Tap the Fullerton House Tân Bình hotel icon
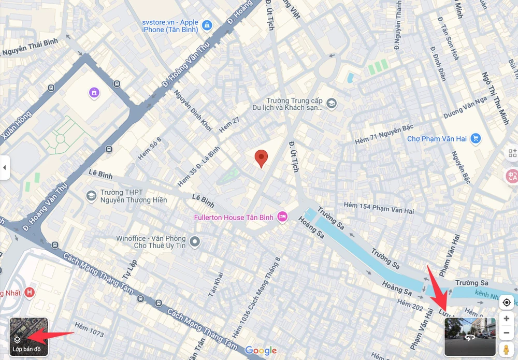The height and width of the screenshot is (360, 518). pyautogui.click(x=282, y=217)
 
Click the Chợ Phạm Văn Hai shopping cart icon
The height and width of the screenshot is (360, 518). pyautogui.click(x=475, y=138)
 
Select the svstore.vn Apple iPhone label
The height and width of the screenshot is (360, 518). pyautogui.click(x=170, y=26)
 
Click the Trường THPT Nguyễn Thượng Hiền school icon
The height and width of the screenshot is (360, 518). pyautogui.click(x=92, y=195)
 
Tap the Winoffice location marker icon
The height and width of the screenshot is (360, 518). pyautogui.click(x=195, y=241)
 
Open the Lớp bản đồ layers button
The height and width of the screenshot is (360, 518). pyautogui.click(x=28, y=337)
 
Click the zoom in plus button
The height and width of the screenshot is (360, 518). pyautogui.click(x=506, y=319)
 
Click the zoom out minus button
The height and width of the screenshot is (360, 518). pyautogui.click(x=506, y=333)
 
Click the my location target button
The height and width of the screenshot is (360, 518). pyautogui.click(x=506, y=302)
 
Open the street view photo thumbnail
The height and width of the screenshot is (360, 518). pyautogui.click(x=470, y=337)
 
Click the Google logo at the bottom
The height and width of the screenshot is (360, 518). pyautogui.click(x=261, y=351)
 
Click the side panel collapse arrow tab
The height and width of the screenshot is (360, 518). pyautogui.click(x=5, y=167)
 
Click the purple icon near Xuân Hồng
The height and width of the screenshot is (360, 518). pyautogui.click(x=94, y=93)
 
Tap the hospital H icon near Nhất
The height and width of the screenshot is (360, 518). pyautogui.click(x=30, y=293)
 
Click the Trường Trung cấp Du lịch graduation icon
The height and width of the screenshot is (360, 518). pyautogui.click(x=332, y=104)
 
